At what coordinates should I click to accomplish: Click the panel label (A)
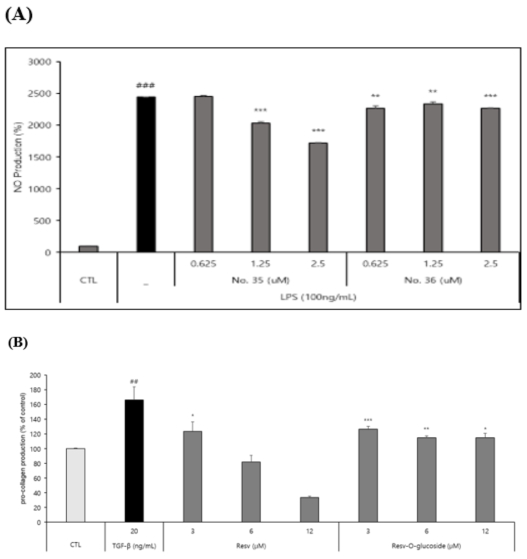coord(19,15)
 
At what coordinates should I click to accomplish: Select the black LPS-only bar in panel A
coord(146,174)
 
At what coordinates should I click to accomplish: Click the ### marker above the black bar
coord(145,85)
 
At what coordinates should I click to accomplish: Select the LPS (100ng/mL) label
coord(318,297)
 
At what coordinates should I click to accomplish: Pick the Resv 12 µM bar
coord(309,510)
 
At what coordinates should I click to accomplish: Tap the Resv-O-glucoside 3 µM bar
coord(368,475)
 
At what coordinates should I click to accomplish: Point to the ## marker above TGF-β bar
coord(134,382)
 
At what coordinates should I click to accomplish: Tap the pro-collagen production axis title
coord(24,448)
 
